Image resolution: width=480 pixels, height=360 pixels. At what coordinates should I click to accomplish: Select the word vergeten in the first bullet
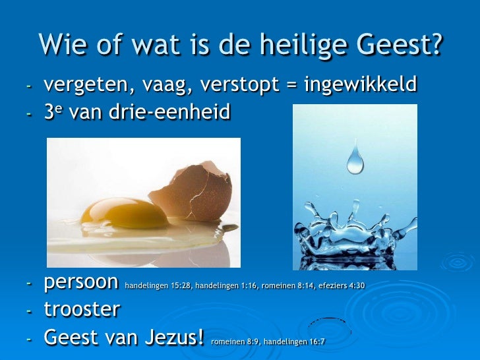pyautogui.click(x=85, y=86)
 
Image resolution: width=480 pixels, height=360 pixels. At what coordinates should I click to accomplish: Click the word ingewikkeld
pyautogui.click(x=360, y=86)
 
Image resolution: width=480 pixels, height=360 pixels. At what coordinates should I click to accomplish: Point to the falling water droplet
pyautogui.click(x=355, y=158)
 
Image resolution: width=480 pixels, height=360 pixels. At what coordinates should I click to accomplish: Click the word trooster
pyautogui.click(x=82, y=309)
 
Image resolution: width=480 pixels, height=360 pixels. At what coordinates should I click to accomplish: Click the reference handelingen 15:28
pyautogui.click(x=154, y=286)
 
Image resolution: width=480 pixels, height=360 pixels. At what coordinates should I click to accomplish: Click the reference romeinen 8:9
pyautogui.click(x=233, y=342)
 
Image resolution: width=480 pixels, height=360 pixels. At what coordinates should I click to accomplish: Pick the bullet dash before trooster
pyautogui.click(x=28, y=311)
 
